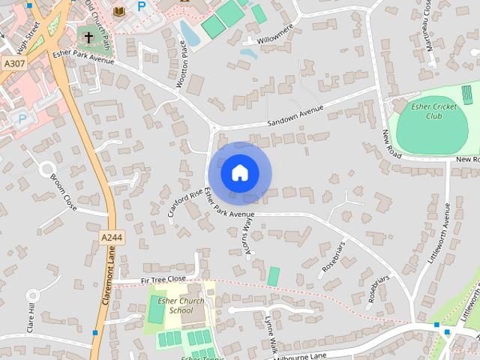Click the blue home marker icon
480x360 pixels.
click(239, 173)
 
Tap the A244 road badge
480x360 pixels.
click(110, 237)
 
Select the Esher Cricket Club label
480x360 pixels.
click(433, 112)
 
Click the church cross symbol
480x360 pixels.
click(88, 37)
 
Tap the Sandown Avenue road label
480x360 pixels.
click(295, 118)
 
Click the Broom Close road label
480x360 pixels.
click(63, 192)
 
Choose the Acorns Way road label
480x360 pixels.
click(250, 241)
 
